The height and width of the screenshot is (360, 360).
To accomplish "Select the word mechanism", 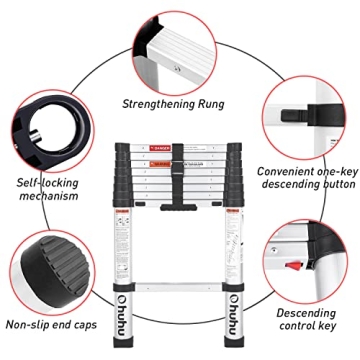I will point(47,197).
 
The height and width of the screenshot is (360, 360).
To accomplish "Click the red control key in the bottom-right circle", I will point(295,264).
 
